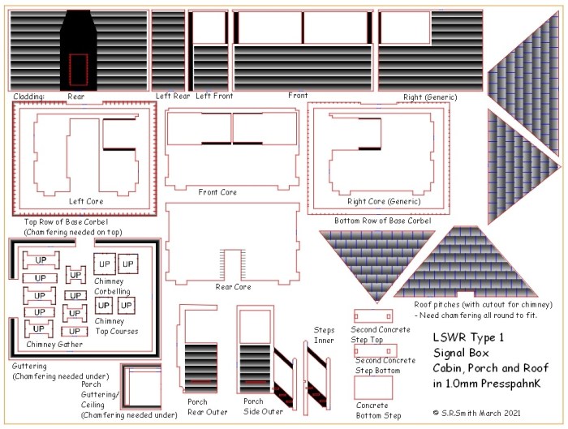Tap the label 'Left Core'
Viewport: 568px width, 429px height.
click(x=86, y=201)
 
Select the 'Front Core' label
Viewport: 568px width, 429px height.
click(x=217, y=192)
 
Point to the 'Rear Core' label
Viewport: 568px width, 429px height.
click(x=233, y=287)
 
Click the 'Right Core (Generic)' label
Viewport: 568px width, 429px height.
click(x=384, y=201)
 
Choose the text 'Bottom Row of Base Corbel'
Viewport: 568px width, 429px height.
click(x=382, y=221)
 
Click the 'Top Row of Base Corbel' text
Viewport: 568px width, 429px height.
click(x=66, y=221)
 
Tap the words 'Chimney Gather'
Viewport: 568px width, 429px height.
click(x=54, y=345)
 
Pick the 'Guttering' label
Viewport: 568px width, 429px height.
click(x=29, y=366)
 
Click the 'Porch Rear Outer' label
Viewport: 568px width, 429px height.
click(x=207, y=407)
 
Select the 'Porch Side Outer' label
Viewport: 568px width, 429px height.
click(x=263, y=406)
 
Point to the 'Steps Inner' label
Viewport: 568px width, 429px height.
click(x=324, y=335)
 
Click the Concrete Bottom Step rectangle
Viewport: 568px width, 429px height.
click(x=373, y=388)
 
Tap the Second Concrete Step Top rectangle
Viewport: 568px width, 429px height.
click(x=373, y=316)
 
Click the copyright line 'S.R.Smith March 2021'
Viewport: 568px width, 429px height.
click(x=480, y=413)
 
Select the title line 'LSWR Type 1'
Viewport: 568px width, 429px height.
click(x=468, y=337)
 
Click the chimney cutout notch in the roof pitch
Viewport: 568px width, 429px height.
click(x=466, y=294)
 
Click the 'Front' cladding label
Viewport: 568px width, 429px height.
click(x=298, y=96)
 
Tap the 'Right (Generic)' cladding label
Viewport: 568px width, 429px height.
click(x=430, y=97)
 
